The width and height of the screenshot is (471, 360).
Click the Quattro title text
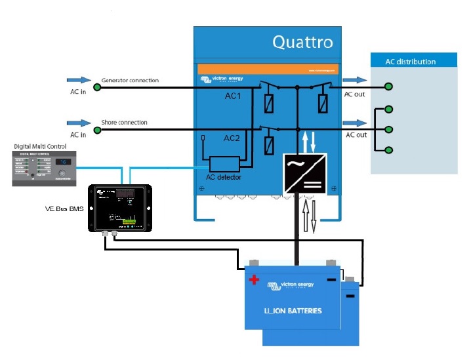302,43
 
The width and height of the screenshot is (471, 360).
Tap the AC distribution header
411,62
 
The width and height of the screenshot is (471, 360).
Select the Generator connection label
130,81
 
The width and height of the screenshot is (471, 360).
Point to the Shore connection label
124,123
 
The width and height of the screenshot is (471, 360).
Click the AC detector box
224,165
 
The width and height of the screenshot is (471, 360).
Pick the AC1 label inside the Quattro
233,96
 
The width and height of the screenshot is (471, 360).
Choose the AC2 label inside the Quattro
233,138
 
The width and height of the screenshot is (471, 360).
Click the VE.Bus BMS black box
120,208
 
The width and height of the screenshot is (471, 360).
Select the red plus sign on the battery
254,280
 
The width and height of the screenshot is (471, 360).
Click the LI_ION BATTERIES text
293,310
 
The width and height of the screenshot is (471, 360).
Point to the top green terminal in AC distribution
389,86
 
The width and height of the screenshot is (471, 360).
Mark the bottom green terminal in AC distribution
389,150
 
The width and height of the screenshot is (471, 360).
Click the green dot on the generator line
96,87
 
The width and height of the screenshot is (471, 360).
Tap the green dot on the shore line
96,130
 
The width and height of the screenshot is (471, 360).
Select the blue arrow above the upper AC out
355,80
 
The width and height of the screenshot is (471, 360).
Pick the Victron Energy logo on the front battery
291,286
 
